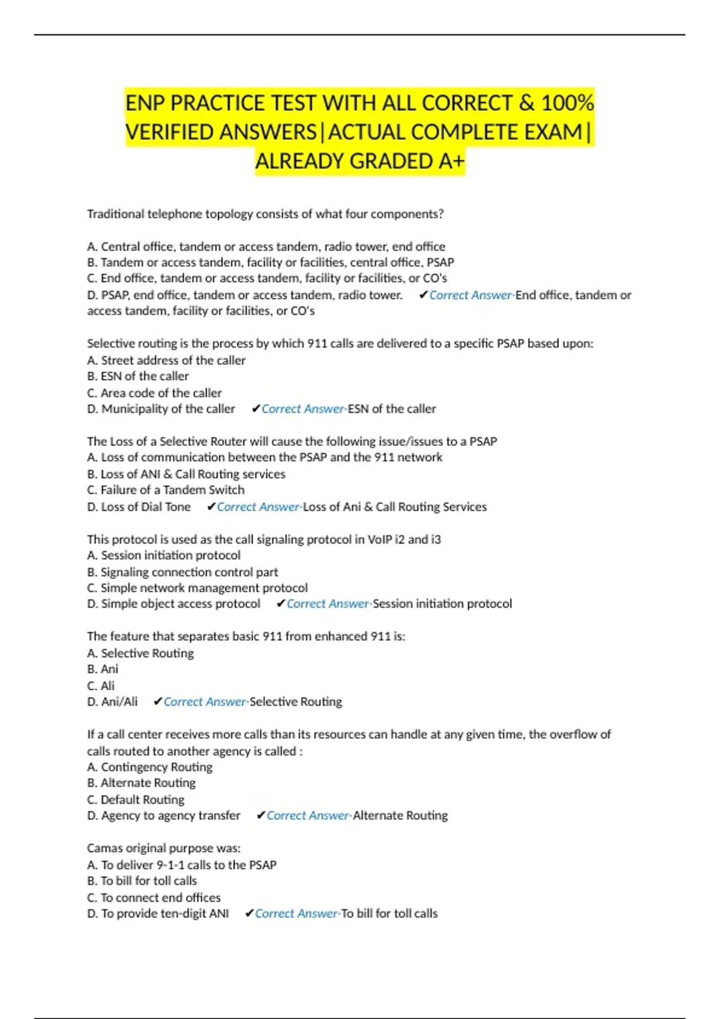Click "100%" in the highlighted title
point(568,103)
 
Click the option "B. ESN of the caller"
point(138,376)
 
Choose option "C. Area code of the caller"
point(154,393)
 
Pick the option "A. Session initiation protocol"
point(164,556)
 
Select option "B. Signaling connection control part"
point(182,572)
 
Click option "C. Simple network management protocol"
point(197,588)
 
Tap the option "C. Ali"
point(101,686)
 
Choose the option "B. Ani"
point(103,669)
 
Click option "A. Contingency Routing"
point(149,767)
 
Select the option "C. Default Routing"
point(136,800)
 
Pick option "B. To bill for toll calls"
point(142,881)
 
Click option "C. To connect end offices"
point(154,898)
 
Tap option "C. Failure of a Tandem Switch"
point(166,490)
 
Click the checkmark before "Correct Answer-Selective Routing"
point(158,702)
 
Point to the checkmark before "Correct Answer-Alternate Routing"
point(260,816)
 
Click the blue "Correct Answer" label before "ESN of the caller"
point(303,409)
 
